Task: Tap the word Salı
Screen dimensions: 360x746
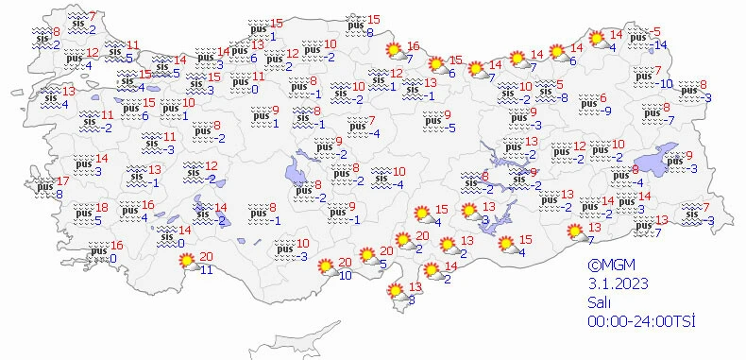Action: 599,303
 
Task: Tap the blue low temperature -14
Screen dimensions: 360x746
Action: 661,45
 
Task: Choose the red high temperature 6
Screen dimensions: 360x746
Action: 602,98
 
